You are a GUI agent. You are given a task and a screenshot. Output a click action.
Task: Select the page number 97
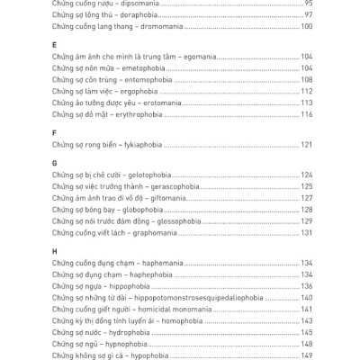pos(308,15)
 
